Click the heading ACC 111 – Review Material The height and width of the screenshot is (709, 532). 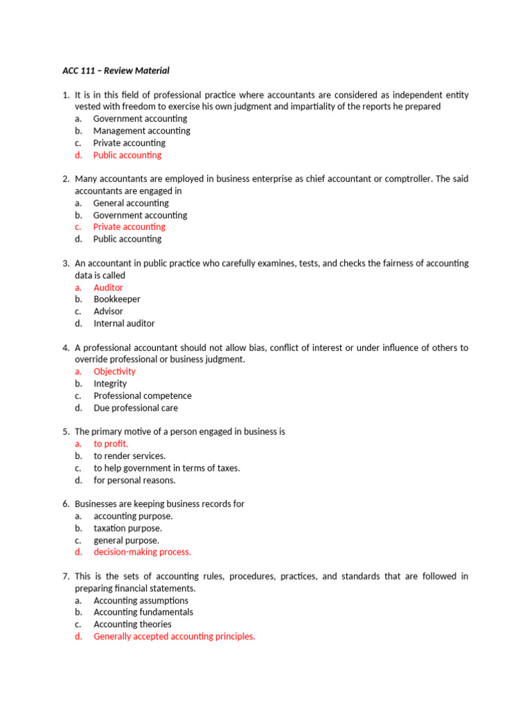coord(111,71)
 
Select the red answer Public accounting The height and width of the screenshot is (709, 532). coord(127,155)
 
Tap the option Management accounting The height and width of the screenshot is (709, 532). coord(141,131)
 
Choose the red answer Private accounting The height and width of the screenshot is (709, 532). coord(130,226)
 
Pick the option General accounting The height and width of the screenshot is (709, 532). coord(131,203)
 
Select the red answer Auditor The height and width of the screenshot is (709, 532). coord(109,287)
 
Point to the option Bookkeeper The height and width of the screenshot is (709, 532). coord(117,299)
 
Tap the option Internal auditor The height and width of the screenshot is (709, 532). coord(124,323)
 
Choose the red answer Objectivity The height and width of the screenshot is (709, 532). coord(115,371)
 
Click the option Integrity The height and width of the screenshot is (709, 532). coord(110,384)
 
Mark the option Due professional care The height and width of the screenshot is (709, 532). coord(136,408)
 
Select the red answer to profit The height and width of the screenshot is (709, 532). coord(111,444)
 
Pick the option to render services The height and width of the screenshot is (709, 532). coord(130,456)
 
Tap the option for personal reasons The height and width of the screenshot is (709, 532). coord(134,480)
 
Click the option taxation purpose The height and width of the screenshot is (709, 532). coord(128,528)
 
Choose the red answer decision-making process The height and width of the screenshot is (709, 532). coord(142,552)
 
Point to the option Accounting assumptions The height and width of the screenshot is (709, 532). coord(141,600)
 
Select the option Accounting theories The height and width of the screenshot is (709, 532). coord(132,624)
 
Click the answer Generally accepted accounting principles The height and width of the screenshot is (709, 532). coord(174,636)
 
